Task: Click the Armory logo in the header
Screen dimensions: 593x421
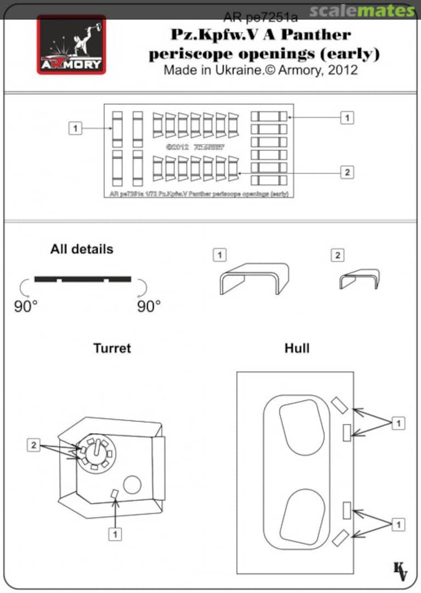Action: [x=71, y=44]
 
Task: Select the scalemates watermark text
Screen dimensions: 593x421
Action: [x=362, y=10]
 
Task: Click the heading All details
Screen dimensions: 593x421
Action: [x=81, y=249]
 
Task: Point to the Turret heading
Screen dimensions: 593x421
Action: [x=112, y=348]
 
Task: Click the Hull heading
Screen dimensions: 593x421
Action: [x=297, y=348]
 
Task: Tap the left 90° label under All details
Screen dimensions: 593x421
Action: [x=25, y=306]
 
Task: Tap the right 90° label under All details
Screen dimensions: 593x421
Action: [x=149, y=306]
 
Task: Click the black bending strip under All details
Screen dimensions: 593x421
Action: [x=82, y=279]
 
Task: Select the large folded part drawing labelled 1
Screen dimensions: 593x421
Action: [x=254, y=278]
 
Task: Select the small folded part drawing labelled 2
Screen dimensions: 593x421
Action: [x=360, y=278]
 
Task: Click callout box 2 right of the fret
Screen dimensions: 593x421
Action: [x=346, y=172]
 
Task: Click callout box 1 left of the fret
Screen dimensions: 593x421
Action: [x=75, y=128]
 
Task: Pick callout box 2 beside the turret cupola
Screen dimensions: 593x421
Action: [x=34, y=445]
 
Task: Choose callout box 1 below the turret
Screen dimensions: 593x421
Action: [x=115, y=533]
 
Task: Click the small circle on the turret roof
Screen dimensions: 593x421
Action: [x=132, y=484]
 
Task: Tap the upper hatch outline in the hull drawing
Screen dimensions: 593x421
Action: [x=301, y=427]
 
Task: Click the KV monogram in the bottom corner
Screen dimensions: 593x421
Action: [x=401, y=571]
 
